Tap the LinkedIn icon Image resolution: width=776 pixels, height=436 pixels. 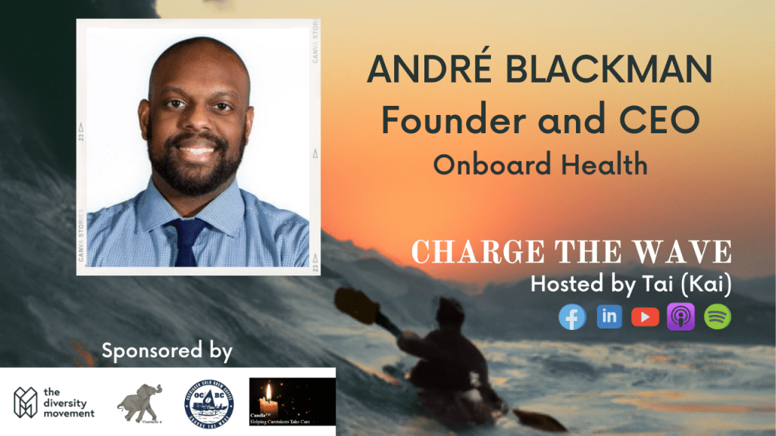(609, 317)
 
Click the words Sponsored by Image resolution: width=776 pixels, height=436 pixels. (167, 351)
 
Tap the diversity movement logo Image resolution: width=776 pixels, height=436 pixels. (55, 403)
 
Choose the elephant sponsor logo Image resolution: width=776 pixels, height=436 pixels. (142, 400)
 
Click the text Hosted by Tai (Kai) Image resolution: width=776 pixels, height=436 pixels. (630, 285)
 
